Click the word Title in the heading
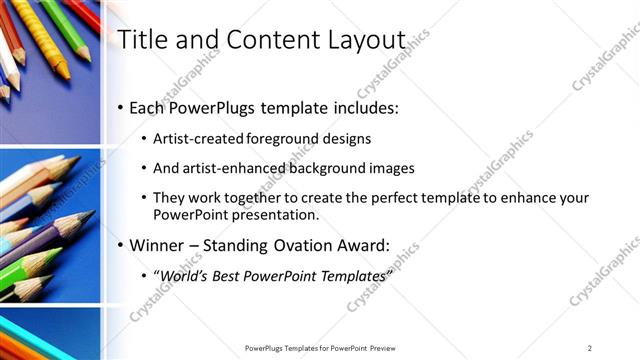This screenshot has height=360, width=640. click(x=142, y=40)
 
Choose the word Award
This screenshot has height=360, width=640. click(x=367, y=244)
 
